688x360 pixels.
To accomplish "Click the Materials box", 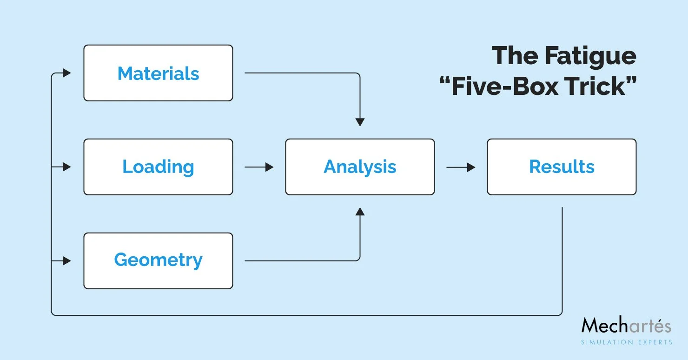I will click(158, 73).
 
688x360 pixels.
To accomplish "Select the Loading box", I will click(158, 167).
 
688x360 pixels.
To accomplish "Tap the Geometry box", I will click(158, 260).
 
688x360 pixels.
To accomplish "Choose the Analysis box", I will click(360, 167).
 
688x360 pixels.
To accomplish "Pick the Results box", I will click(562, 167).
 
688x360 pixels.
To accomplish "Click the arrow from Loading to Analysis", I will click(259, 167).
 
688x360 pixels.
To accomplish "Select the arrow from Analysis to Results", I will click(461, 167).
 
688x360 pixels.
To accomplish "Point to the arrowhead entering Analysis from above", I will click(360, 122).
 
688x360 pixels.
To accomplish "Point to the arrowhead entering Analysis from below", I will click(360, 212).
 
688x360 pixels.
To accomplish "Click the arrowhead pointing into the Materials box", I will click(66, 73).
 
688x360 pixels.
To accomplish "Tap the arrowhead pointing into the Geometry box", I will click(66, 261).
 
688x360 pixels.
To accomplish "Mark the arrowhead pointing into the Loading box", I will click(66, 167).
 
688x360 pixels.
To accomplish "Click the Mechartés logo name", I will click(626, 326).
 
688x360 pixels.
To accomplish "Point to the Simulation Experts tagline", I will click(626, 342).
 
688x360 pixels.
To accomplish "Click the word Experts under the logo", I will click(652, 342).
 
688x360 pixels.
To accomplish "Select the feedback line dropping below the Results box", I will click(562, 260).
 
